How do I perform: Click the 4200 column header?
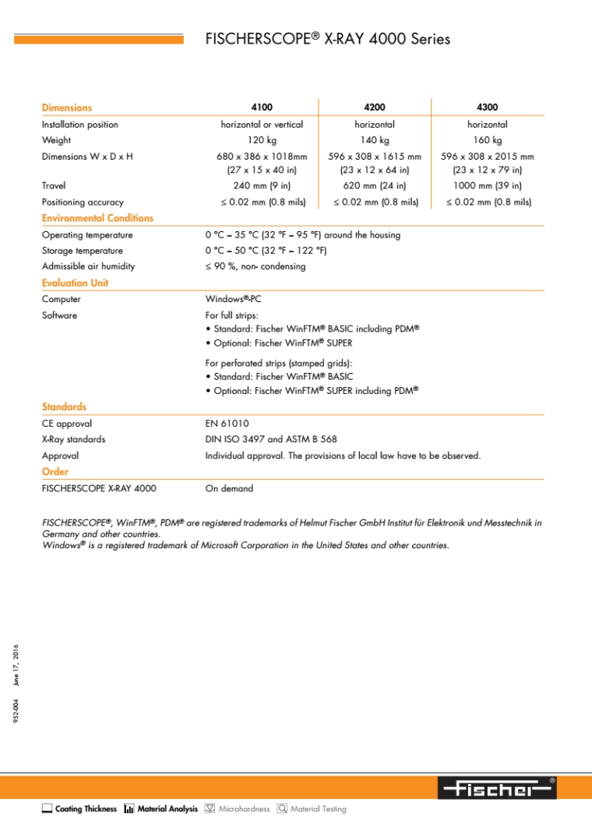click(374, 107)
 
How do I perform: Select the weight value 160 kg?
click(487, 141)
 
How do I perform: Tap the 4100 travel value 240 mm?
click(261, 186)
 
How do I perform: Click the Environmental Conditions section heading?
click(97, 219)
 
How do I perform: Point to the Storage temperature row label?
click(82, 251)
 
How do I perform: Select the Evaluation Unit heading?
click(75, 283)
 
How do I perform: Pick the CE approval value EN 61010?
click(227, 424)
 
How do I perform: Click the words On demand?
click(228, 489)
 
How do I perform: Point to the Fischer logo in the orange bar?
click(497, 788)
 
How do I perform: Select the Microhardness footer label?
click(244, 810)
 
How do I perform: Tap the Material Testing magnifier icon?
click(282, 809)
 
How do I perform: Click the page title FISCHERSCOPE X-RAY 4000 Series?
click(327, 39)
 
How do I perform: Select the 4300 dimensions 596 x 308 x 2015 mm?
click(487, 157)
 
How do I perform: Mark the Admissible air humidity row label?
click(88, 266)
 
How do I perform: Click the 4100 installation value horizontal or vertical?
click(262, 125)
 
